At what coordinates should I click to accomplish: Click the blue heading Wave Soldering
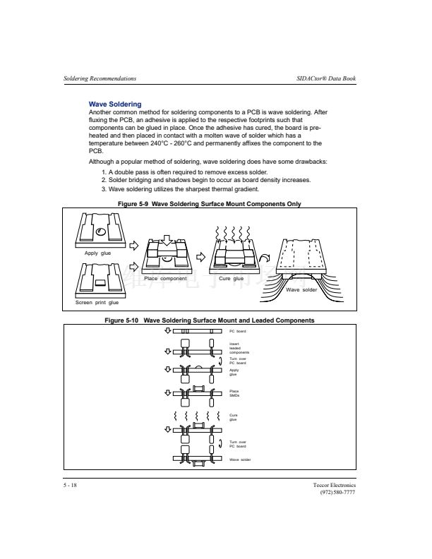pos(115,104)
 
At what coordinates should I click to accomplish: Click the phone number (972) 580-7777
pos(337,493)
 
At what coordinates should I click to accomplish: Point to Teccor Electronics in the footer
pos(335,486)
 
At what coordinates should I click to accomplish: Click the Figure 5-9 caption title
pos(210,204)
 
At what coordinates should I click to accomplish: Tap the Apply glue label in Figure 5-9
pos(98,253)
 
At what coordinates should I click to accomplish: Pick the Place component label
pos(165,279)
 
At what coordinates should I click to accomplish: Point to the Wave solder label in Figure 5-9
pos(301,290)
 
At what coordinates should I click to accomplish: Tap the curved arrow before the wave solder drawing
pos(263,260)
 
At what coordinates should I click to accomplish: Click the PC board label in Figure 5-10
pos(238,331)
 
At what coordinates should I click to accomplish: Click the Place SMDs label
pos(234,393)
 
